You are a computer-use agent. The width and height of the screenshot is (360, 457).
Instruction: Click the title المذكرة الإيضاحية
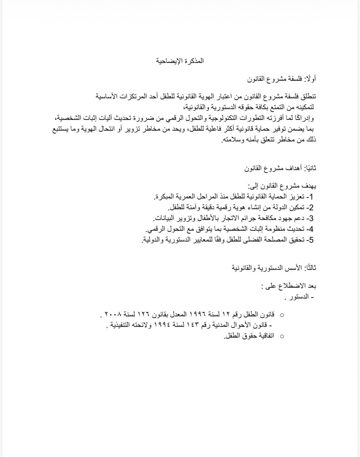tap(180, 61)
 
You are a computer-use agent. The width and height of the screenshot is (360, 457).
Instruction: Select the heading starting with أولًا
tap(282, 79)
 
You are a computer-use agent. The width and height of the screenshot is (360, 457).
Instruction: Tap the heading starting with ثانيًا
tap(280, 168)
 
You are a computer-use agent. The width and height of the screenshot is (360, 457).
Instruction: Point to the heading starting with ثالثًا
tap(274, 268)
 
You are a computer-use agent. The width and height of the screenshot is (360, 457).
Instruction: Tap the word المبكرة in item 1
tap(169, 196)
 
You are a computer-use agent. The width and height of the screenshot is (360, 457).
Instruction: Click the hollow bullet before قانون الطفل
tap(281, 315)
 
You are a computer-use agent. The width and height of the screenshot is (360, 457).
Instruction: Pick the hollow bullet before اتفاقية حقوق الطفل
tap(281, 336)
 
